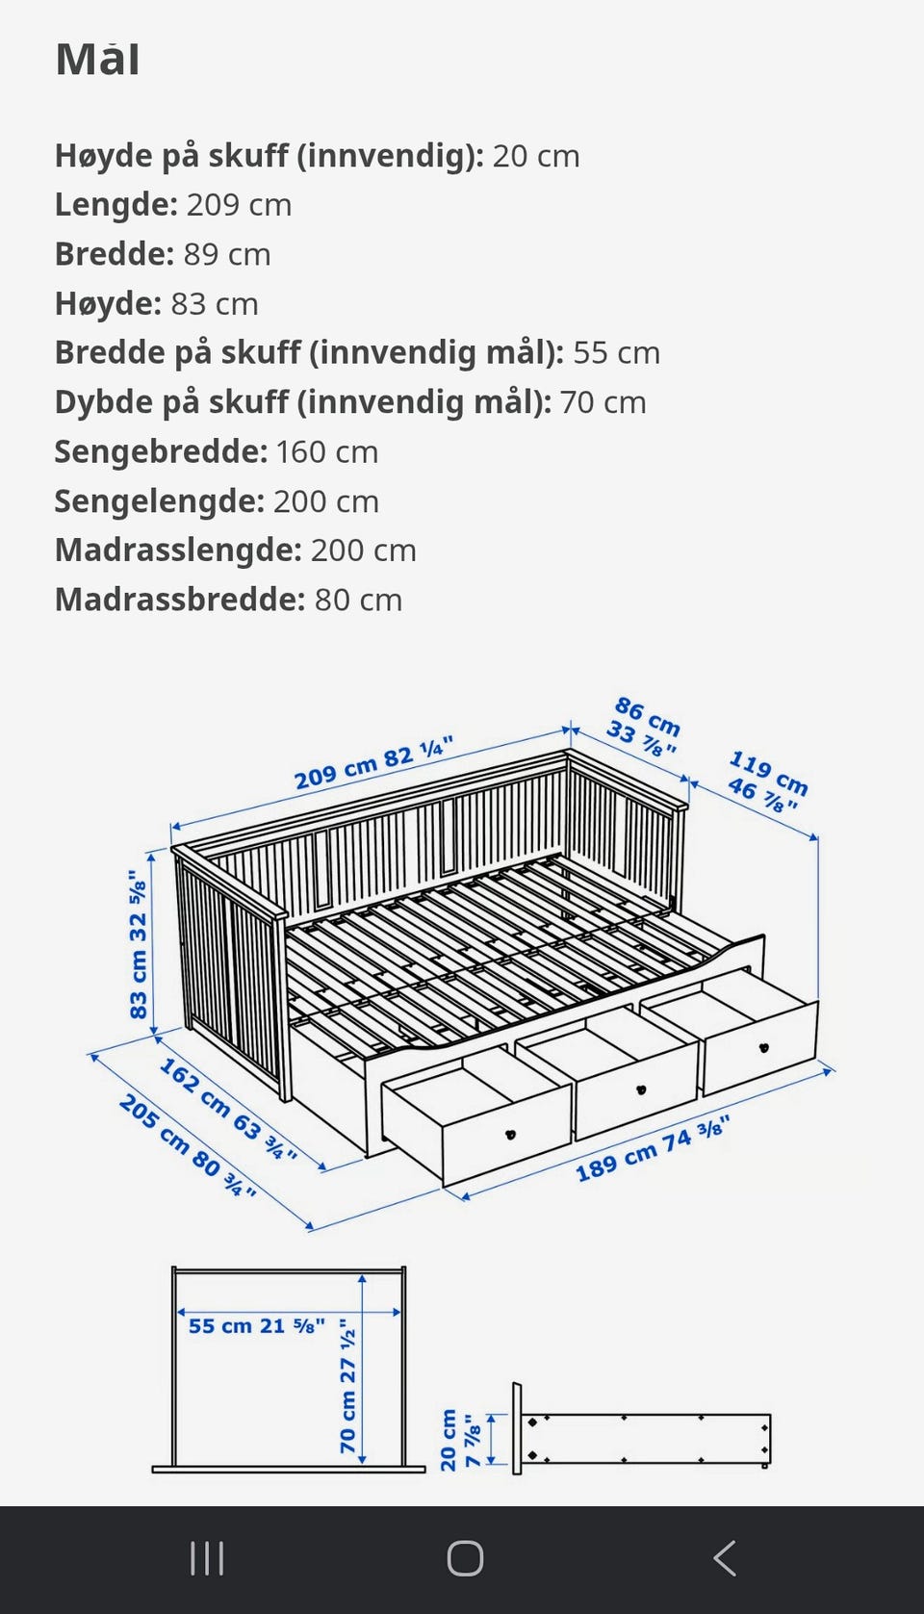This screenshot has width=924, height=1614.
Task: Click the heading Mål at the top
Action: (97, 60)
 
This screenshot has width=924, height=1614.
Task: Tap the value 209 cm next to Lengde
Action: (239, 205)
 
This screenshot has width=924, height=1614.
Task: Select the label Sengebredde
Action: (160, 451)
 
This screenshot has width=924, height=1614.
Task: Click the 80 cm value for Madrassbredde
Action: (358, 600)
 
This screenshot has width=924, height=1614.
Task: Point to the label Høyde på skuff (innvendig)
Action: (269, 156)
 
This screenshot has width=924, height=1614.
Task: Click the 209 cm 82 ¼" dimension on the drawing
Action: (373, 763)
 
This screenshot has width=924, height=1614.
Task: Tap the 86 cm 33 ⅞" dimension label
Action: (645, 727)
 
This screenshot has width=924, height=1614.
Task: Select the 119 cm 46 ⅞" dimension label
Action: (767, 781)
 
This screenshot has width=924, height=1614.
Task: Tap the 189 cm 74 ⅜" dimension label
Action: (653, 1148)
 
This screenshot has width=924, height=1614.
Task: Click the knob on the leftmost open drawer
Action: (511, 1135)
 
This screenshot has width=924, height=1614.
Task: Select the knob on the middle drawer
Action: (641, 1089)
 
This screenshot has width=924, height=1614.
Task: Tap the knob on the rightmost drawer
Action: (763, 1048)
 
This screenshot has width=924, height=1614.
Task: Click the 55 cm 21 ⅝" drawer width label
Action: (256, 1326)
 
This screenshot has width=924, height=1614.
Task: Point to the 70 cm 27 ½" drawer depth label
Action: (347, 1391)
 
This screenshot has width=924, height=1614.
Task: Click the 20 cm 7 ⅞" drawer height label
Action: (459, 1440)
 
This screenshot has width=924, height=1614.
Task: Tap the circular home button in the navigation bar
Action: (465, 1558)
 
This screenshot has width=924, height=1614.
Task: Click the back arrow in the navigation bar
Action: (725, 1558)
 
